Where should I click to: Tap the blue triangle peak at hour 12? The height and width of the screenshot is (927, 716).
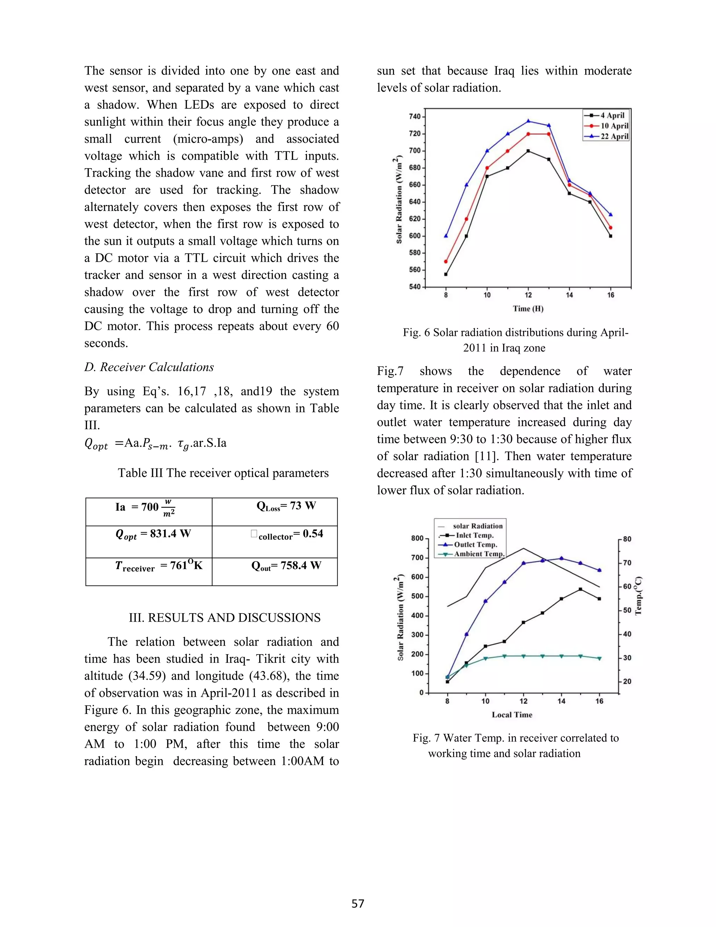click(x=528, y=121)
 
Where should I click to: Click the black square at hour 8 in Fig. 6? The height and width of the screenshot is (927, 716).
click(x=446, y=274)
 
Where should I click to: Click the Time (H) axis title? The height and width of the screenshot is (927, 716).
click(x=528, y=309)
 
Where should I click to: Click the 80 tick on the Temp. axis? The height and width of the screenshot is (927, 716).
click(x=627, y=539)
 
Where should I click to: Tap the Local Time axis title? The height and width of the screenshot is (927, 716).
click(x=512, y=715)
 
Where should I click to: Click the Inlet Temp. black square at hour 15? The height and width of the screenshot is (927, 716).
click(x=580, y=589)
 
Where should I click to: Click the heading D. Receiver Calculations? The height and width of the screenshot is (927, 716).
click(x=149, y=367)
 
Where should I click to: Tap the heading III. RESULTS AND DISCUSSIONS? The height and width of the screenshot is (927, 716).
click(x=224, y=617)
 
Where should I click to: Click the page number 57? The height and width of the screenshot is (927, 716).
click(x=358, y=903)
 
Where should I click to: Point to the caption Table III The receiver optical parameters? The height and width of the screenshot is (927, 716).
click(x=223, y=473)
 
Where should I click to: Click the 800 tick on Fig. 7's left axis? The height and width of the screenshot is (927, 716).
click(x=417, y=538)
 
